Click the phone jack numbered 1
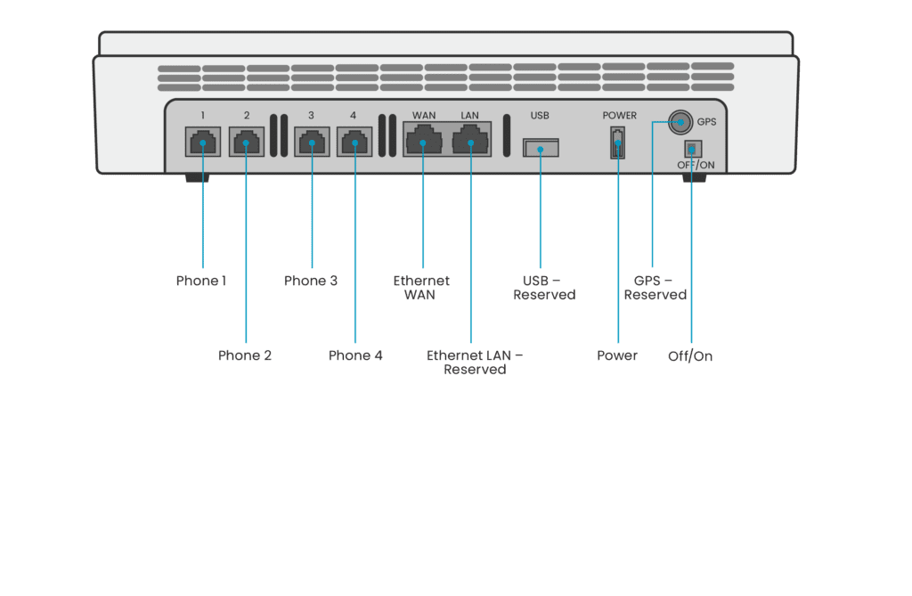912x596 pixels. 203,142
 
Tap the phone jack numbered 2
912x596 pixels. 247,142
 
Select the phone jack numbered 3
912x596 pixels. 311,142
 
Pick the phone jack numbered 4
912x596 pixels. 354,142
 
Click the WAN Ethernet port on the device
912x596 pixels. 422,140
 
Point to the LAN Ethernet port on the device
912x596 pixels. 470,140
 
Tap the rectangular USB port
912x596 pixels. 540,148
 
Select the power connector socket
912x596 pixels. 617,143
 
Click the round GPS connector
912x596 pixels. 681,120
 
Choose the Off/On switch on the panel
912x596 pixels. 690,149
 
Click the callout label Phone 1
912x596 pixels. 200,281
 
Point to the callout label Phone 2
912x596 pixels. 245,355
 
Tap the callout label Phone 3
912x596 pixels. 311,281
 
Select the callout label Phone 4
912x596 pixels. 355,355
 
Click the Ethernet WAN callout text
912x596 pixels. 421,287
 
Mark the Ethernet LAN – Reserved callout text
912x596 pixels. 475,362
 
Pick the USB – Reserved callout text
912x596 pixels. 544,287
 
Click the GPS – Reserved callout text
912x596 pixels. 655,287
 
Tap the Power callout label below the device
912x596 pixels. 617,355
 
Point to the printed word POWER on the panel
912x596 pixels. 619,116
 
